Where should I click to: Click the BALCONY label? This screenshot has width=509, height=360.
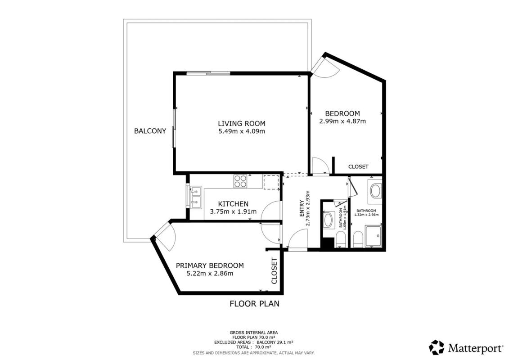[x=150, y=131]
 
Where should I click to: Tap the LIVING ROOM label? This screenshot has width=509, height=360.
[x=242, y=123]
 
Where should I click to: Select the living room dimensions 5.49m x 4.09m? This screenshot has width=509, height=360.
[x=242, y=131]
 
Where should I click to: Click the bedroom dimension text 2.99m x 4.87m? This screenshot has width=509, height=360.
[x=342, y=121]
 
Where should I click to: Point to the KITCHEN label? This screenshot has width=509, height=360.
[x=233, y=204]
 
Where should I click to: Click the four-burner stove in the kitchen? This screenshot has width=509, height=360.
[x=240, y=181]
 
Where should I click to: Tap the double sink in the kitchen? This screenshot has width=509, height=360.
[x=196, y=198]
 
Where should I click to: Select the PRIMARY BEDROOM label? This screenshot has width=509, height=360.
[x=210, y=265]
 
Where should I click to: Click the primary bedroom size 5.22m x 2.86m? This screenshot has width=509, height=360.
[x=210, y=273]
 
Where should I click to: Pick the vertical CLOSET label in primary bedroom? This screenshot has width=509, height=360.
[x=274, y=271]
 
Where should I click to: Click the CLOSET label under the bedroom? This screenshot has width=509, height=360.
[x=358, y=166]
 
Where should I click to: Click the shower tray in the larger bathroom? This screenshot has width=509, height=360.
[x=374, y=236]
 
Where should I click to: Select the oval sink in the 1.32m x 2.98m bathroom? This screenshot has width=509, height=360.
[x=376, y=191]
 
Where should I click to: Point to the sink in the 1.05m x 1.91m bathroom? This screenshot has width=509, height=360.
[x=329, y=220]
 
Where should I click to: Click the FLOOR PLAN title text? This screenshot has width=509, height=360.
[x=255, y=304]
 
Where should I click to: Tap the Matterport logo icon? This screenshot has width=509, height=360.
[x=437, y=347]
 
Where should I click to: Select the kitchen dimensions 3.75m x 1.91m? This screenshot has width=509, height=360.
[x=233, y=211]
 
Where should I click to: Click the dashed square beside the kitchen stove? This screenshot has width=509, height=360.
[x=271, y=182]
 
